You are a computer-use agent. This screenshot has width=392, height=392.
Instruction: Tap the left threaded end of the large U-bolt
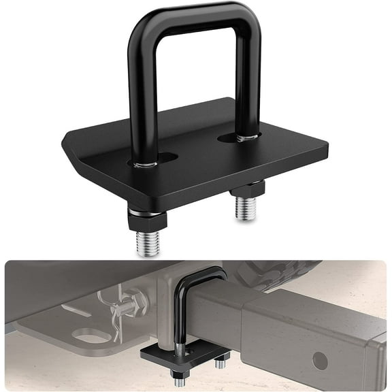pyautogui.click(x=148, y=243)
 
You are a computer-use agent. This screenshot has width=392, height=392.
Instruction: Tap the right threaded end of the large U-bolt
pyautogui.click(x=245, y=207)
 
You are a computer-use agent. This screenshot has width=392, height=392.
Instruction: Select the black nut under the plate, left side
pyautogui.click(x=146, y=220)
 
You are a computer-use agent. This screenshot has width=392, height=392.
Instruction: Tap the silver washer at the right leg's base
pyautogui.click(x=247, y=138)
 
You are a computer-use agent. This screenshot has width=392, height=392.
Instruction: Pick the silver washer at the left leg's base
pyautogui.click(x=146, y=164)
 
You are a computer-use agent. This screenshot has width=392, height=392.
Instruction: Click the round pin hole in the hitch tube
pyautogui.click(x=320, y=360)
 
